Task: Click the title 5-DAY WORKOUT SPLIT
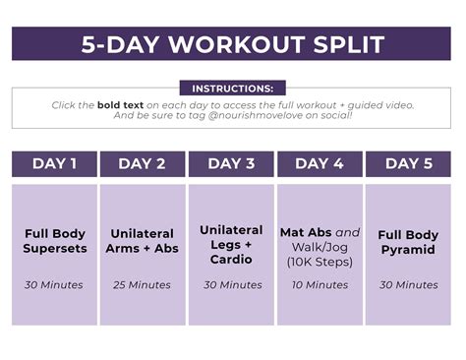[x=232, y=44]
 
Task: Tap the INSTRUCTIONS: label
[x=232, y=89]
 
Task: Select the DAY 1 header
[x=55, y=164]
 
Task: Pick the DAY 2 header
[x=143, y=164]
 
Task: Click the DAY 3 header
[x=231, y=164]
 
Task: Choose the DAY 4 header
[x=320, y=164]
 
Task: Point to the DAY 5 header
[x=408, y=164]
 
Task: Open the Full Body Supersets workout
[x=55, y=241]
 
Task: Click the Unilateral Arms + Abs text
[x=143, y=241]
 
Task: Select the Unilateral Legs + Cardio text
[x=231, y=244]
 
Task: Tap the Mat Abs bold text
[x=307, y=234]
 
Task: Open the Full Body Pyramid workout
[x=408, y=242]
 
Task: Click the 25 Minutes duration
[x=143, y=285]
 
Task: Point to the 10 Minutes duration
[x=320, y=285]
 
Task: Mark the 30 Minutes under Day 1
[x=55, y=285]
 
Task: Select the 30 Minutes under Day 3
[x=231, y=285]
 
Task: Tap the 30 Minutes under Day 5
[x=408, y=285]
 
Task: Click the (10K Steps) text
[x=320, y=263]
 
